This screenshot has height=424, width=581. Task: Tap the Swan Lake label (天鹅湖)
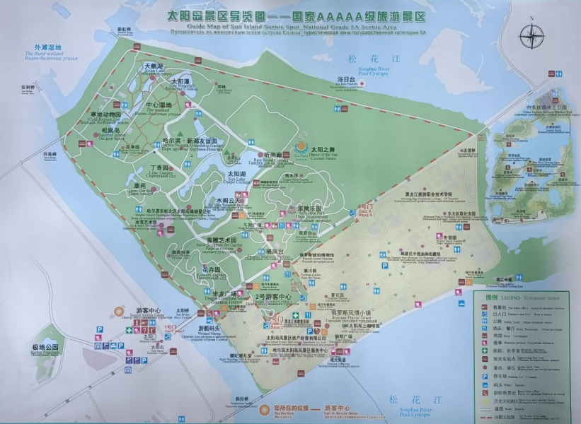154,66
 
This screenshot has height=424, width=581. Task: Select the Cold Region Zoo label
105,115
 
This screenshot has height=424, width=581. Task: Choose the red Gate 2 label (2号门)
275,320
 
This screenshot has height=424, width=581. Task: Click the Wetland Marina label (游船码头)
209,329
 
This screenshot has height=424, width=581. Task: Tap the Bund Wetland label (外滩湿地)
43,49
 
